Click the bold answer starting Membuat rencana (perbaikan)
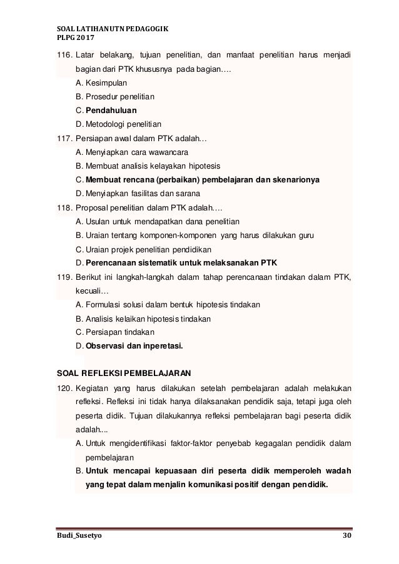202,180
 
